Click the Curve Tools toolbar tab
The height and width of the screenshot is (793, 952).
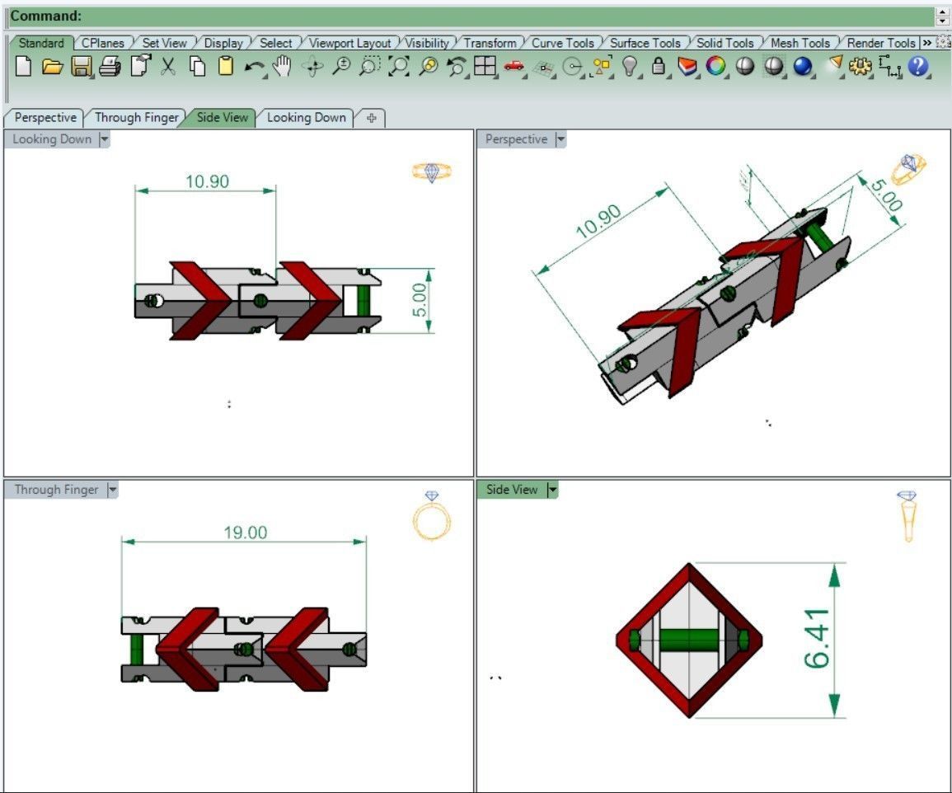(563, 43)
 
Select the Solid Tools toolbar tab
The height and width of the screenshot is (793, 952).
(725, 43)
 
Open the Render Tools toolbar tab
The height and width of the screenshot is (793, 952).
(880, 43)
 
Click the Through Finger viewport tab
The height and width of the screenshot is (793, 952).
(136, 117)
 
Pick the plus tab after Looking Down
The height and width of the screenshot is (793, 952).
(371, 118)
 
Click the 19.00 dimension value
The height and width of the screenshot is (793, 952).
(246, 533)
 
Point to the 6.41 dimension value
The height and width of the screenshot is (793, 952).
(817, 639)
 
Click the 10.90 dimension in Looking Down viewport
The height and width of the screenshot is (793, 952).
(207, 181)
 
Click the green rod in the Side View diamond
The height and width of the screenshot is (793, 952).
(687, 640)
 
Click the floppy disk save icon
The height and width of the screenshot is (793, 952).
(81, 67)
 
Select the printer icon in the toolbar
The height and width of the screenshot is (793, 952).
(110, 67)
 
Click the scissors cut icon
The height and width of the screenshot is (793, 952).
(168, 67)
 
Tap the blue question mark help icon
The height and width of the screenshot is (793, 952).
(918, 67)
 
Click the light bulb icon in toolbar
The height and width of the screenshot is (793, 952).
(630, 67)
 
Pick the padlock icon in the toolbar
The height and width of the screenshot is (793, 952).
(658, 67)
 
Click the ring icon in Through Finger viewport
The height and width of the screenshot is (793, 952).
(431, 516)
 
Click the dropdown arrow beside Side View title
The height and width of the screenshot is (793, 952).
(552, 490)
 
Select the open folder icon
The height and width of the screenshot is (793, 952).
(52, 67)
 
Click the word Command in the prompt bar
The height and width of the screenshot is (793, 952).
(45, 16)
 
